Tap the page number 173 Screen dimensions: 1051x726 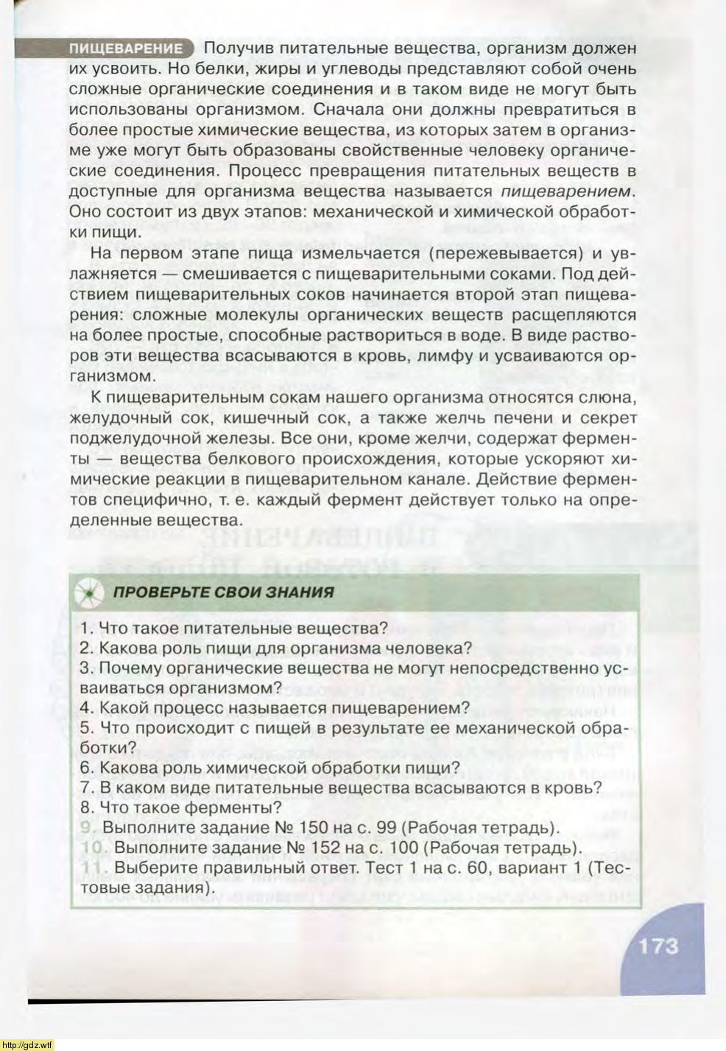click(658, 944)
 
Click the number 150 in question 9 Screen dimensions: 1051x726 click(312, 827)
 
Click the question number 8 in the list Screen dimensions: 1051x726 click(85, 807)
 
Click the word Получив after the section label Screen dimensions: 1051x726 click(238, 49)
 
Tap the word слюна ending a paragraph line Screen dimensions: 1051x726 click(608, 397)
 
